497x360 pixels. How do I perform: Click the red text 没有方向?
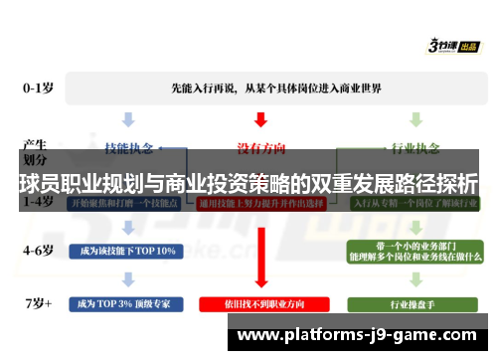(260, 148)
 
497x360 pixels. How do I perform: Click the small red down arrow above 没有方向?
(260, 119)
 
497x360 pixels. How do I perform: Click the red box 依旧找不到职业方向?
(260, 301)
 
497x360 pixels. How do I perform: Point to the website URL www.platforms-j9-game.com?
(359, 336)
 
